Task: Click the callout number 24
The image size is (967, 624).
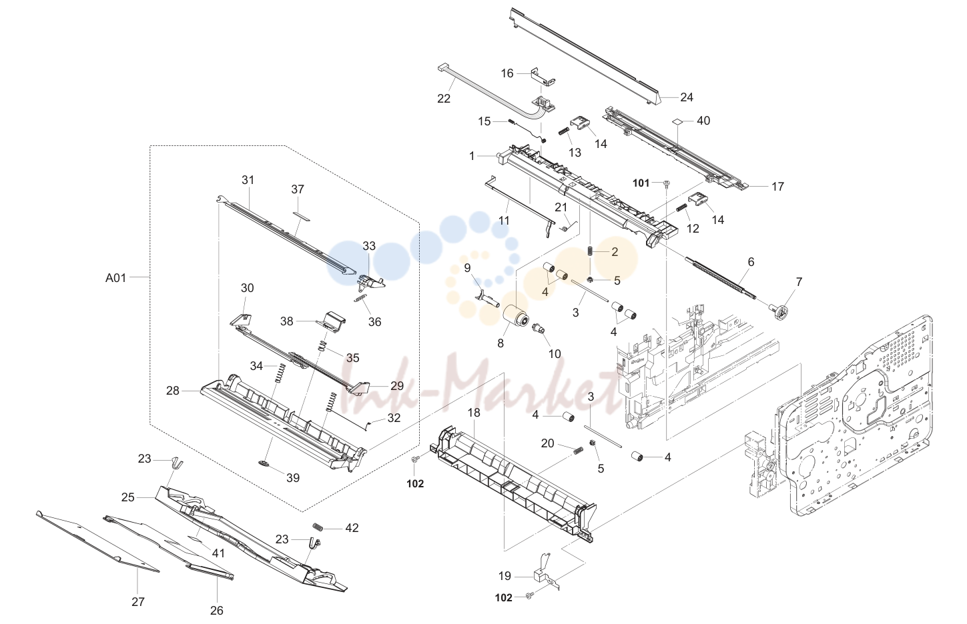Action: (687, 97)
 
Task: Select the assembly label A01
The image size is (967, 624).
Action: (115, 278)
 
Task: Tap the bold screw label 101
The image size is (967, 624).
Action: (641, 183)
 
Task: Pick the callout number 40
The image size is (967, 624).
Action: (703, 121)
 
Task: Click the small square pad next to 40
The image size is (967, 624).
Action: (677, 122)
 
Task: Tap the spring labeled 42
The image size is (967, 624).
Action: (318, 527)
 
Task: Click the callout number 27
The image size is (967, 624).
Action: (137, 601)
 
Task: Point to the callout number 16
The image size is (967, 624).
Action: (507, 74)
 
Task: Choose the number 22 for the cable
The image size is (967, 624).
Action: (444, 99)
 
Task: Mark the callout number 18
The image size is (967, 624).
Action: (474, 413)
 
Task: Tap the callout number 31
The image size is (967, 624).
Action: (248, 180)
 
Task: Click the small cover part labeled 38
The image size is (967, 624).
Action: (332, 320)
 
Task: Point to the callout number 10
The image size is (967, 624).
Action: (555, 354)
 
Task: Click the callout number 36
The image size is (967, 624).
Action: (374, 322)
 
